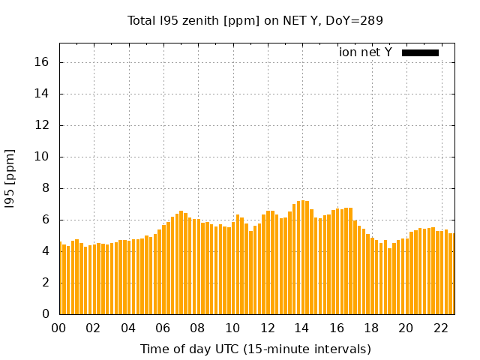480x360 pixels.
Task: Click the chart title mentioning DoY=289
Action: pos(255,21)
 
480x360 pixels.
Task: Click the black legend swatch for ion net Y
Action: pos(420,52)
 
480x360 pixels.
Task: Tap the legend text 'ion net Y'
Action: pos(365,52)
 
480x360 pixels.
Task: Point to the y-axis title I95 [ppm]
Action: pos(10,179)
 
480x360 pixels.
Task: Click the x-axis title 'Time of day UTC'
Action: pos(255,349)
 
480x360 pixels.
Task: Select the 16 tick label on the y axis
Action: pos(42,62)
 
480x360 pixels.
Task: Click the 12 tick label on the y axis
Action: pos(42,125)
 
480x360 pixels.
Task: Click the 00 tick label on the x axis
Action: pos(59,328)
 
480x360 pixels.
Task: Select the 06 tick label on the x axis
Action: pos(163,328)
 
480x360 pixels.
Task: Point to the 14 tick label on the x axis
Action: pos(301,328)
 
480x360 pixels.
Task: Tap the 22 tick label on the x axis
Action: pos(440,328)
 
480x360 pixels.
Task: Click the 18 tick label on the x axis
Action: pos(371,328)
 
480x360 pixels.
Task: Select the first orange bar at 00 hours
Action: pos(61,278)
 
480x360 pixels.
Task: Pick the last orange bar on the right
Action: pos(451,274)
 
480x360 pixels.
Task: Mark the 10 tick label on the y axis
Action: pos(42,157)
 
